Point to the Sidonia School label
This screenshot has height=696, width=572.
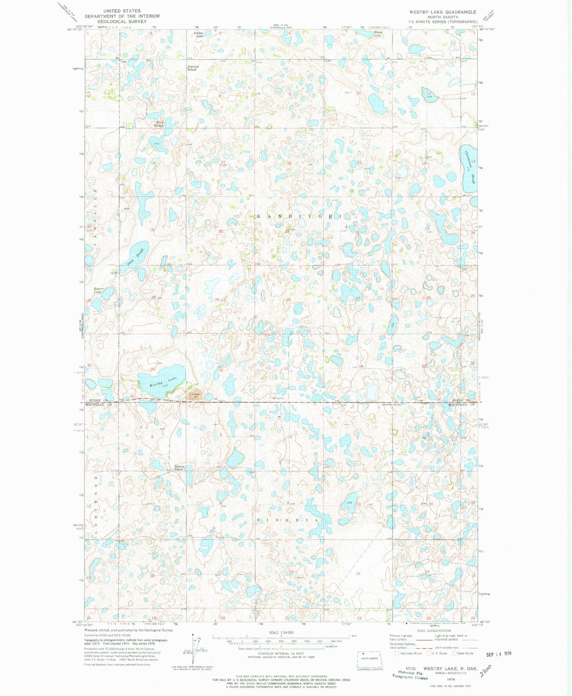pyautogui.click(x=178, y=468)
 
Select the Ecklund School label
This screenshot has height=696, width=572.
pyautogui.click(x=192, y=68)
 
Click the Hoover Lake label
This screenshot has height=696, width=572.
pyautogui.click(x=99, y=290)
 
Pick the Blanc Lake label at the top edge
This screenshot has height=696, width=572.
pyautogui.click(x=378, y=34)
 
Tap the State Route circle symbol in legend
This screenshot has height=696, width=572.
pyautogui.click(x=454, y=653)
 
